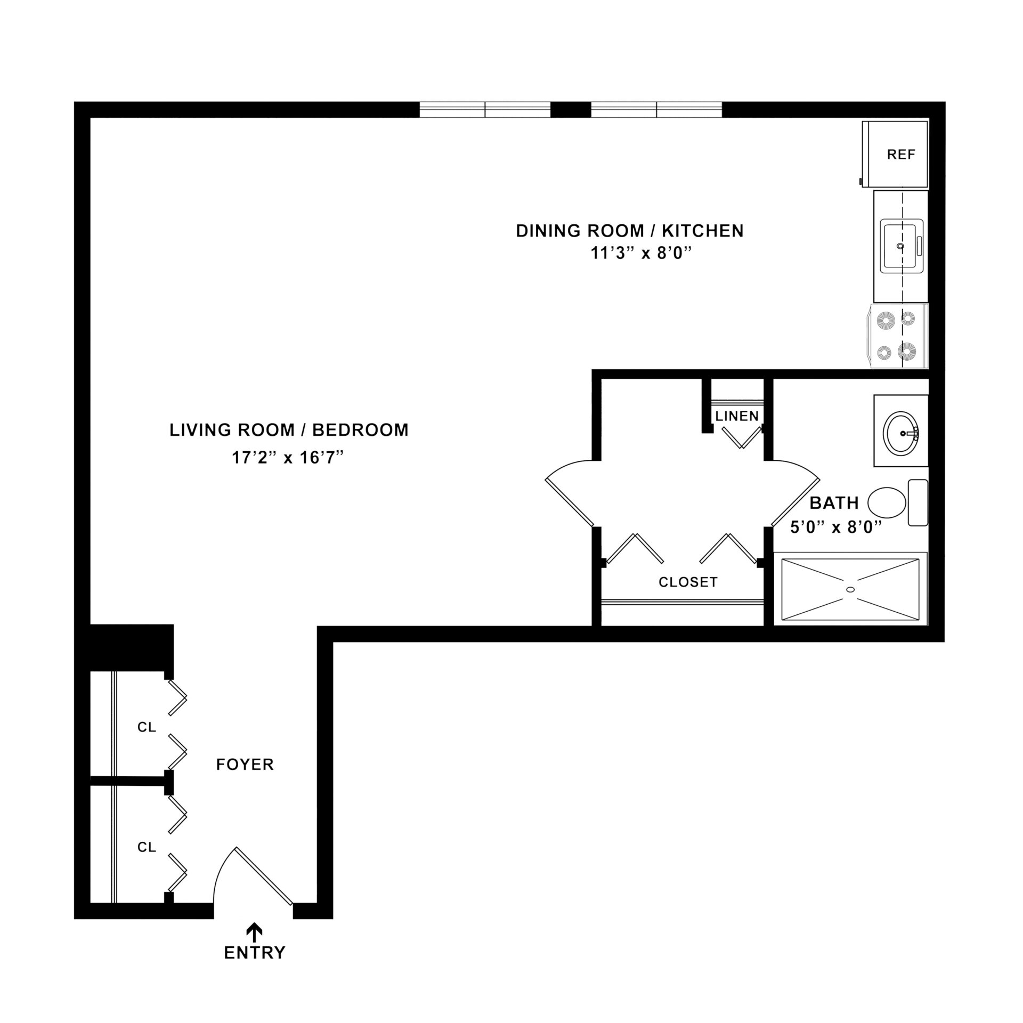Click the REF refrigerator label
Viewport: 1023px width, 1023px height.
(901, 155)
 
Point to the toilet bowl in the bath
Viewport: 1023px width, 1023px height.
(887, 502)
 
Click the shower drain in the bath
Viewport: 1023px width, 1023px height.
(850, 589)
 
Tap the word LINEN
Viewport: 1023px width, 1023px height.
(737, 416)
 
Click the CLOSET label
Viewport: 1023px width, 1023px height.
(688, 582)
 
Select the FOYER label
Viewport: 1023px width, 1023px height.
(245, 765)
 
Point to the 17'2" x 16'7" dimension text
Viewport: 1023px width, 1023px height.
(287, 457)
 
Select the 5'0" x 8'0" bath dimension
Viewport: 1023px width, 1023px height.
(835, 527)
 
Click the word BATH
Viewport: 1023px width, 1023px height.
(834, 502)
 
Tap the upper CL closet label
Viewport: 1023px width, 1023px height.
(147, 727)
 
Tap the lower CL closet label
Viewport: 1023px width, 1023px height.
(147, 847)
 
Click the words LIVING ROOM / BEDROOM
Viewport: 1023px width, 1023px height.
(289, 430)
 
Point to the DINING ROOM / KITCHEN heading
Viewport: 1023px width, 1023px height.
(630, 231)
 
